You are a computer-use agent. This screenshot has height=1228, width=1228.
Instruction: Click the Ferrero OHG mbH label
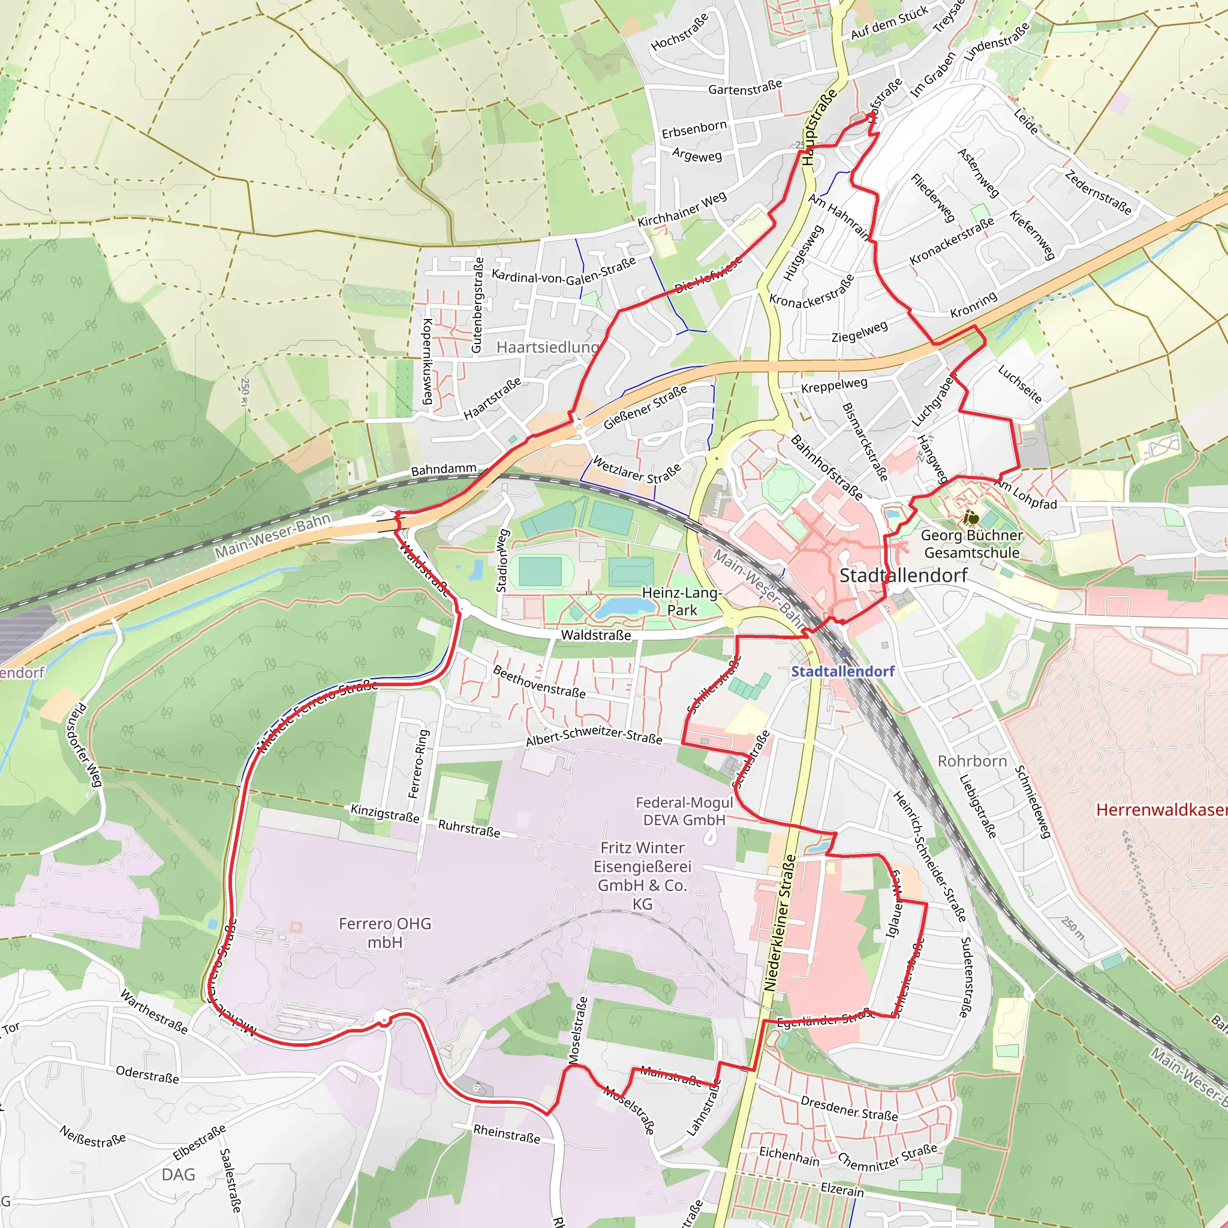click(x=384, y=932)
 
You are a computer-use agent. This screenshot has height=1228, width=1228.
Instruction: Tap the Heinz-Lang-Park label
click(x=681, y=601)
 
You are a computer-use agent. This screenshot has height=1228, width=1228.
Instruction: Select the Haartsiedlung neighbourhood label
click(x=547, y=347)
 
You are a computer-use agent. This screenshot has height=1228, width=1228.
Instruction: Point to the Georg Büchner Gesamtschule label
click(x=971, y=544)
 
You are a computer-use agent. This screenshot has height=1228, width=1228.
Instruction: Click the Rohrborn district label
click(x=972, y=761)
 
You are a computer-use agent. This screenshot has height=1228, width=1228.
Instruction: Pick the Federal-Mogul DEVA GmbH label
click(x=684, y=811)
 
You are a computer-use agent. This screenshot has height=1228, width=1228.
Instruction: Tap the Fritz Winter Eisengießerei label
click(x=642, y=875)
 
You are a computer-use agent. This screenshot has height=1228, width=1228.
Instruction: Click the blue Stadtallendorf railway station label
click(x=842, y=671)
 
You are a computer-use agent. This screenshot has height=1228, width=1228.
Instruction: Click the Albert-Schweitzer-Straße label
click(x=594, y=735)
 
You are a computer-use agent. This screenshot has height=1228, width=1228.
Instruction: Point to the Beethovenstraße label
click(x=539, y=681)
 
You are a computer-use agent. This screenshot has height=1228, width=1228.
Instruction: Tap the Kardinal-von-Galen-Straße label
click(x=563, y=271)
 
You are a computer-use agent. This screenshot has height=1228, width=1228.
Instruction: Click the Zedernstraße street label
click(x=1098, y=192)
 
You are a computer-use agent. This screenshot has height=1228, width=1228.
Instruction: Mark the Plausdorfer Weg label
click(x=87, y=744)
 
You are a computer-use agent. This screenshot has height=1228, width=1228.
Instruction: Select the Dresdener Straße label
click(x=848, y=1109)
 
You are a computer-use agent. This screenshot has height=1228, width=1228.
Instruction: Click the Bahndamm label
click(x=444, y=469)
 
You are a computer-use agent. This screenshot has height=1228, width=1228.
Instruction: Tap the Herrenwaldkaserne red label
click(x=1161, y=809)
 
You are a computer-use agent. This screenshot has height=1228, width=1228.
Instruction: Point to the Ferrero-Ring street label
click(x=419, y=763)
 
